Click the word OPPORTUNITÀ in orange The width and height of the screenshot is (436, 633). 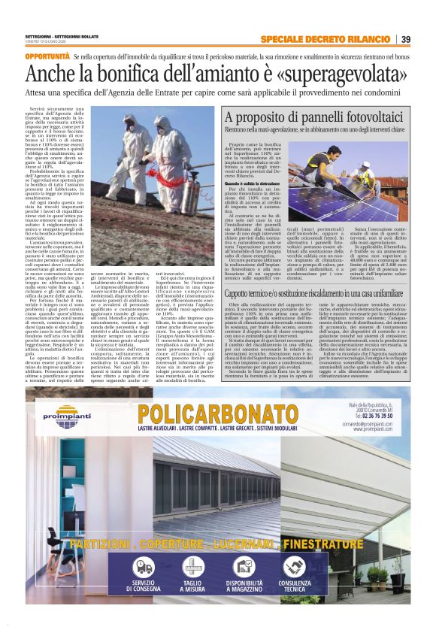click(47, 56)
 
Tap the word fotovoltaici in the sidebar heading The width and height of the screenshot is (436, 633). click(364, 118)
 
